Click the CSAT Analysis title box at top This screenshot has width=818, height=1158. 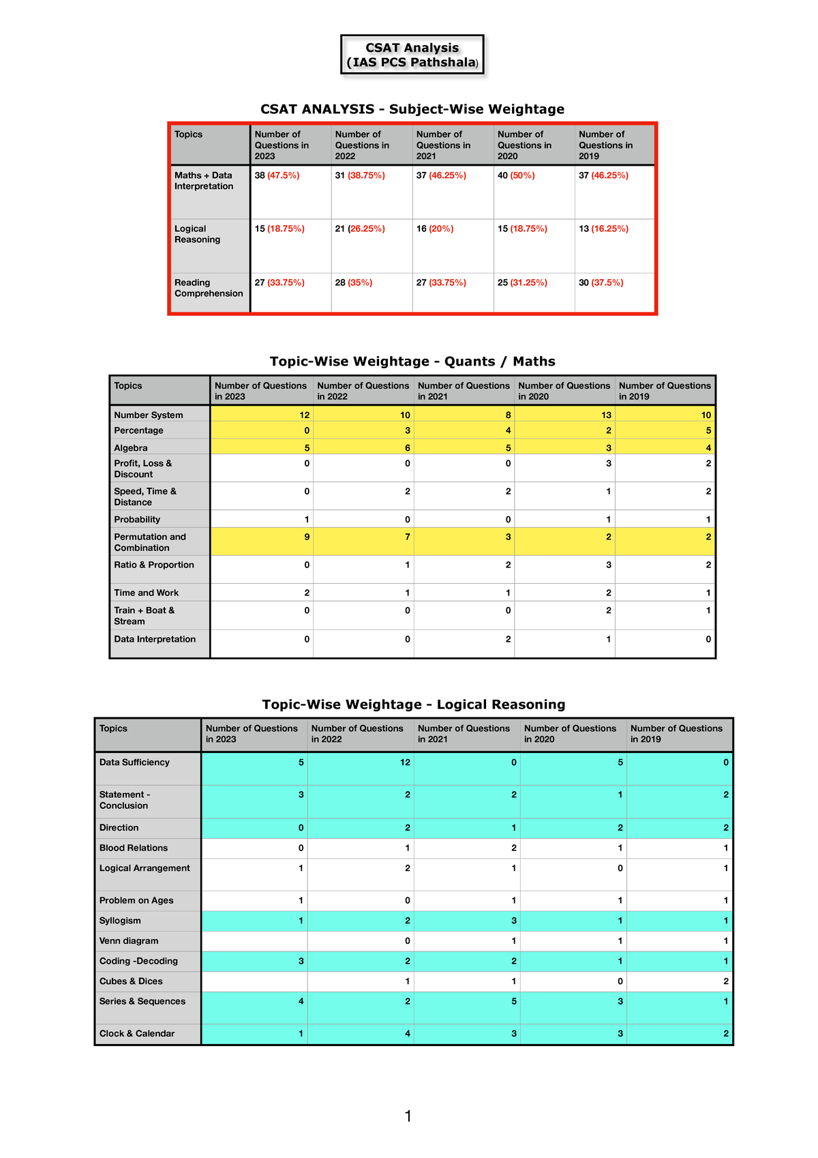[x=412, y=55]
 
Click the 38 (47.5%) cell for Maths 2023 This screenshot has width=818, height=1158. [x=277, y=176]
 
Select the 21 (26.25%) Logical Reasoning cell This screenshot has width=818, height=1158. [x=360, y=229]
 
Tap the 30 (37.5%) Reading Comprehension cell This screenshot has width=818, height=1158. [x=601, y=283]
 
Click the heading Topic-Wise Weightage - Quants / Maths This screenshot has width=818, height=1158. [x=412, y=361]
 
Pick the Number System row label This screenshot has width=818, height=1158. [x=149, y=415]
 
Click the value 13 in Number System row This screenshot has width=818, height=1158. [x=606, y=415]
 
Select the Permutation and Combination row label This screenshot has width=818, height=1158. [x=150, y=542]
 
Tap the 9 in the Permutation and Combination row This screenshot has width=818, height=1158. [x=307, y=537]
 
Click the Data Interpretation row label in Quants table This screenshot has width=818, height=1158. [x=155, y=640]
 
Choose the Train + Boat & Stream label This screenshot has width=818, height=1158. [x=144, y=616]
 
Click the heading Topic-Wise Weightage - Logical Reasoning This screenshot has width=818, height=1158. [x=413, y=704]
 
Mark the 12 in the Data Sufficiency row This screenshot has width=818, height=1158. [x=405, y=762]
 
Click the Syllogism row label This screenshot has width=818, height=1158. [x=120, y=921]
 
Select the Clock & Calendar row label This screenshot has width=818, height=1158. [x=137, y=1034]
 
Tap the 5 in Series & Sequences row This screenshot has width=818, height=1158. [x=514, y=1002]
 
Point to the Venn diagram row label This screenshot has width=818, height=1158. [x=129, y=941]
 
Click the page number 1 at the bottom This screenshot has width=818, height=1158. [x=408, y=1116]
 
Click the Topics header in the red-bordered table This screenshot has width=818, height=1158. [x=188, y=134]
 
